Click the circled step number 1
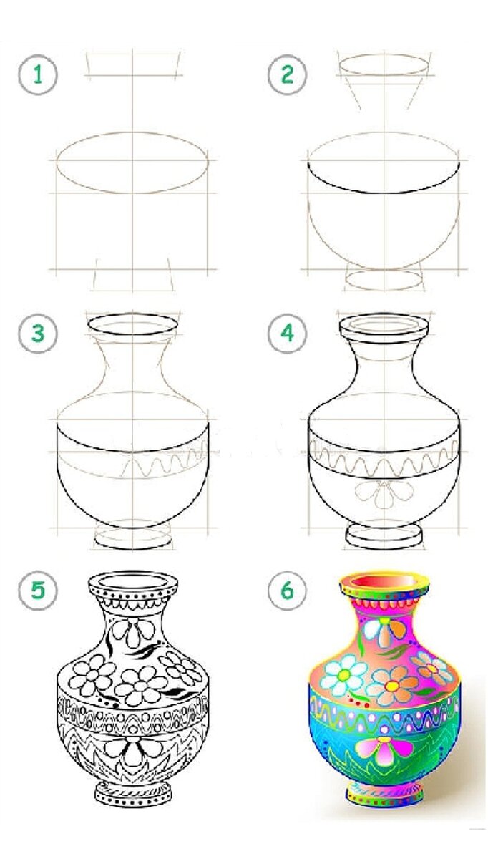coord(38,74)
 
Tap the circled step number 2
coord(287,74)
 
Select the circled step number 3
coord(38,333)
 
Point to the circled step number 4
coord(287,333)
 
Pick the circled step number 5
coord(38,590)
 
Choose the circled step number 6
coord(287,590)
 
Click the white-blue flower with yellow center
coord(344,675)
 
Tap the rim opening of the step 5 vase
coord(132,581)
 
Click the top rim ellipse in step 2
coord(384,66)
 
